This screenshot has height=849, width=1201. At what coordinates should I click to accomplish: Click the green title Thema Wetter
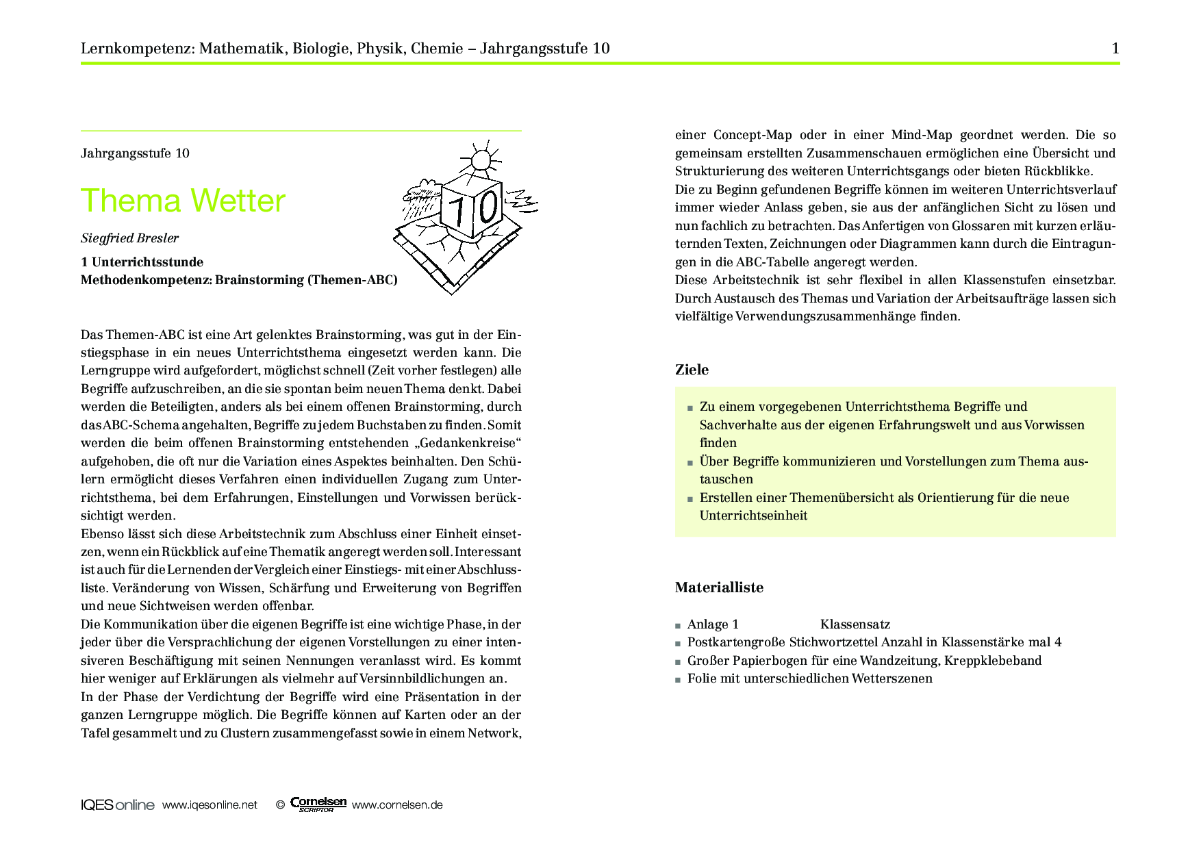(183, 201)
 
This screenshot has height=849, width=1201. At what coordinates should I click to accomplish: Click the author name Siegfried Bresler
(129, 238)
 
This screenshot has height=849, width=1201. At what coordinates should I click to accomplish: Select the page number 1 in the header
(1115, 48)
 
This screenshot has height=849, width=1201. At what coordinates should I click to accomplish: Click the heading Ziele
(692, 370)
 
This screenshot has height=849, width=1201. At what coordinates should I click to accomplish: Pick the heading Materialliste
(719, 587)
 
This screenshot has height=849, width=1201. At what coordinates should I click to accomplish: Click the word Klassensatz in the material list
(855, 624)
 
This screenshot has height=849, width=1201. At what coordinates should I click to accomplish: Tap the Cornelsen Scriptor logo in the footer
(318, 804)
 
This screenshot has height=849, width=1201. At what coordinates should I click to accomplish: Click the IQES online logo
(117, 805)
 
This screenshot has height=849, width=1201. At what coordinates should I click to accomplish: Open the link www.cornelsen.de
(397, 805)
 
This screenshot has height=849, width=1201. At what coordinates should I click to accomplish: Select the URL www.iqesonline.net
(210, 805)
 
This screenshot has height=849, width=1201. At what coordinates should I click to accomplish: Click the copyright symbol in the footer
(280, 805)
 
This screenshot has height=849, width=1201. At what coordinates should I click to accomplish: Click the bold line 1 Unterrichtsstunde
(142, 262)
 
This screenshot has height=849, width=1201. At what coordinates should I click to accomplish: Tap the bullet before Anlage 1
(678, 625)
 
